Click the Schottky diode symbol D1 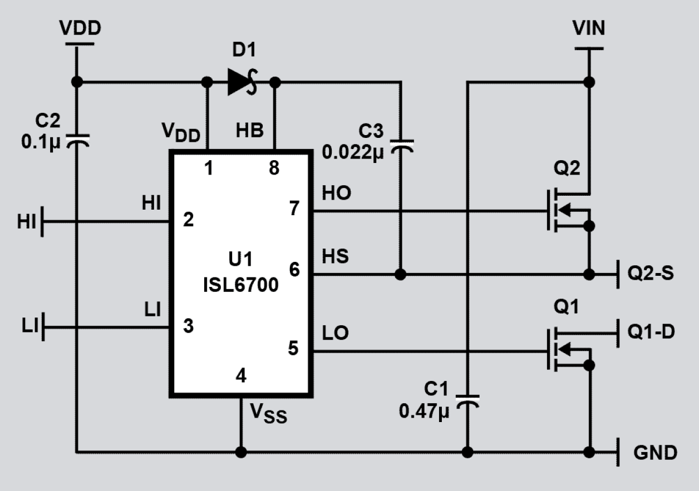tap(241, 82)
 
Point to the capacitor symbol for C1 tap(467, 401)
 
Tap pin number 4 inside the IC tap(240, 376)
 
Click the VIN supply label tap(589, 28)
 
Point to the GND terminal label tap(655, 452)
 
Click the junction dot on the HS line tap(400, 274)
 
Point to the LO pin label tap(335, 333)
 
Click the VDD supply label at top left tap(80, 28)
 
